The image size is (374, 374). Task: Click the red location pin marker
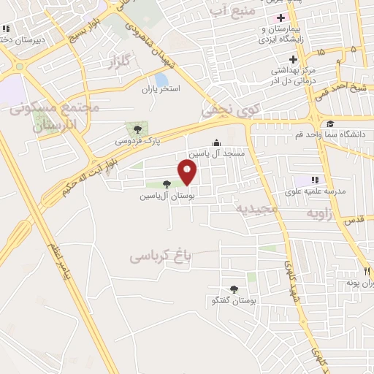point(188,172)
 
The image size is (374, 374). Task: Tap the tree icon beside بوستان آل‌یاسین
point(167,184)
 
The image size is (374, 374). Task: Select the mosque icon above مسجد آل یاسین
point(215,143)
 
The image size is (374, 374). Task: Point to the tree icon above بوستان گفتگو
point(234,289)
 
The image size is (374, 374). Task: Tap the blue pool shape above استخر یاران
point(161,79)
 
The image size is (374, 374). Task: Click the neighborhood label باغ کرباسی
point(161,256)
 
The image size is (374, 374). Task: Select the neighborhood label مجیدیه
point(257,208)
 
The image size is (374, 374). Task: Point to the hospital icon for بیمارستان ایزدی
point(280,17)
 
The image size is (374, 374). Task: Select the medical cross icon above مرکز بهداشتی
point(293,59)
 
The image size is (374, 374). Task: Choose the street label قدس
point(353,221)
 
